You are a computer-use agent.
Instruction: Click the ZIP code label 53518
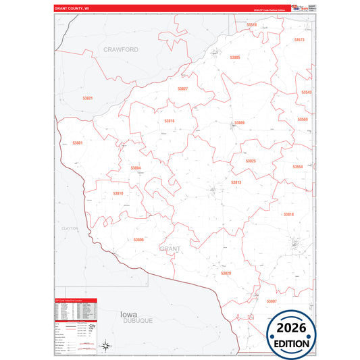[252, 24]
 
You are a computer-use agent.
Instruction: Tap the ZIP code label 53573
[299, 40]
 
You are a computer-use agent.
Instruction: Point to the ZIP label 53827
[183, 88]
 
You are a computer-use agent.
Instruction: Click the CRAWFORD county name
[121, 49]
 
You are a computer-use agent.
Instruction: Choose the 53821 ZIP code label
[88, 98]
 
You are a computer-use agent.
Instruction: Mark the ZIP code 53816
[170, 121]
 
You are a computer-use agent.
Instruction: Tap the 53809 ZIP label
[239, 123]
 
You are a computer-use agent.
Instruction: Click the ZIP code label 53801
[78, 143]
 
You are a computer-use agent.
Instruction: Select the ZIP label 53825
[251, 161]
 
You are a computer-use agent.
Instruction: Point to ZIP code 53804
[136, 168]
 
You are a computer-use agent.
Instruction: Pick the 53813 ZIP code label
[236, 182]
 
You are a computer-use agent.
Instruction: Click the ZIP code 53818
[288, 214]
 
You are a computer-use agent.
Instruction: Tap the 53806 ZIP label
[138, 240]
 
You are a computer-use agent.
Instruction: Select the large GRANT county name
[170, 249]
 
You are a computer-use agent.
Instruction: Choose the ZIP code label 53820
[226, 273]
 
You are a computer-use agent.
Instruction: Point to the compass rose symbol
[106, 346]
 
